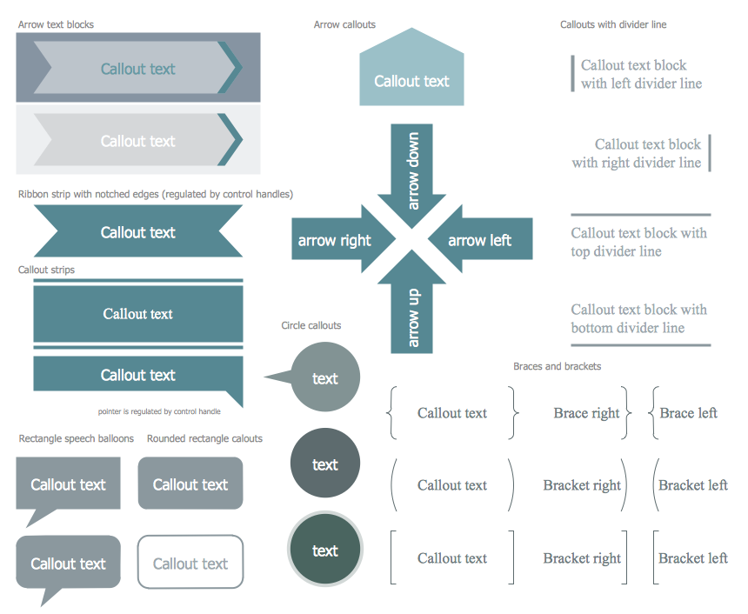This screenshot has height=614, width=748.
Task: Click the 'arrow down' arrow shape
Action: point(412,170)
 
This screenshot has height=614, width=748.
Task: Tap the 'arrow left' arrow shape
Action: point(481,240)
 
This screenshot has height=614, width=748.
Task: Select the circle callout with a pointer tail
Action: point(324,377)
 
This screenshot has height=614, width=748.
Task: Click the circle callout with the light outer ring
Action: point(324,551)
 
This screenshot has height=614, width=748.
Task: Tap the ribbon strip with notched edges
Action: point(138,232)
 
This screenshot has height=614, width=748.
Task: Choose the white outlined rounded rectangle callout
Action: point(190,563)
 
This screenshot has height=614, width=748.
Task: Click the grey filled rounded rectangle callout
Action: point(190,484)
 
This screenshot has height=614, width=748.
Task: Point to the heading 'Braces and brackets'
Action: point(557,366)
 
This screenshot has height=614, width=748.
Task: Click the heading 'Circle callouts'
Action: point(311,325)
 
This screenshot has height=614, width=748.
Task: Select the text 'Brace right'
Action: point(586,413)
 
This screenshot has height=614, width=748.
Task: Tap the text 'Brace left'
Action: point(688,413)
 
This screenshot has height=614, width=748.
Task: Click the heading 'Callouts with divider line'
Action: point(613,24)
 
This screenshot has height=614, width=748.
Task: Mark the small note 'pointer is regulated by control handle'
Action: point(159,411)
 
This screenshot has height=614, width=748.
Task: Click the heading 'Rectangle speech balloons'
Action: point(77,438)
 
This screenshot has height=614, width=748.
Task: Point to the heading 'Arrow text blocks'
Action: point(56,24)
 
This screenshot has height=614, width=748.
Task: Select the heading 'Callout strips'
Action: point(46,270)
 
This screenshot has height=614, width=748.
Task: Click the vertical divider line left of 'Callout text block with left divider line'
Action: point(572,73)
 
